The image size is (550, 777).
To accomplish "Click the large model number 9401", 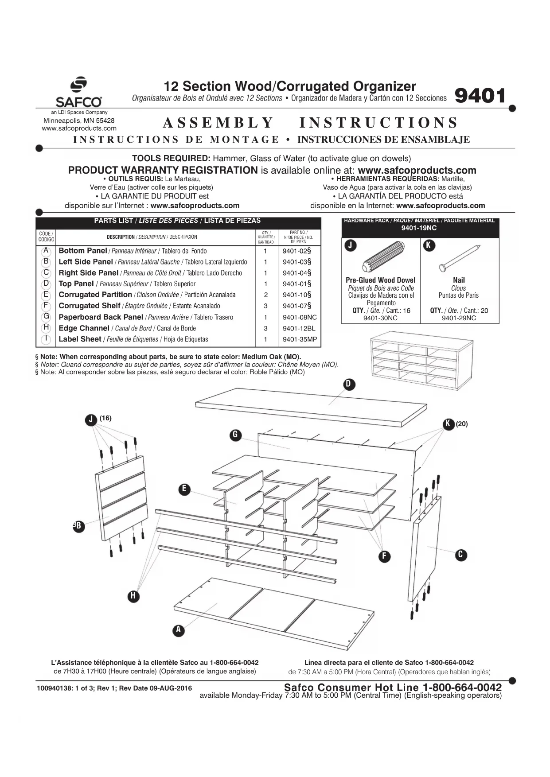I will pyautogui.click(x=480, y=96).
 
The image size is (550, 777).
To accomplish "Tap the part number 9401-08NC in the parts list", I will pyautogui.click(x=300, y=317).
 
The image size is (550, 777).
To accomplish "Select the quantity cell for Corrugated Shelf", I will pyautogui.click(x=265, y=306).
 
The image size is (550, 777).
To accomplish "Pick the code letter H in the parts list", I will pyautogui.click(x=46, y=328).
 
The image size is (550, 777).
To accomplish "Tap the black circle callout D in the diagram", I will pyautogui.click(x=349, y=384).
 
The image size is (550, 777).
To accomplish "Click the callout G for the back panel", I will pyautogui.click(x=235, y=435).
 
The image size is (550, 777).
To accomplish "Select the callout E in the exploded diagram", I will pyautogui.click(x=184, y=489).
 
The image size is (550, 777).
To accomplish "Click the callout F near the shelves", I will pyautogui.click(x=384, y=556).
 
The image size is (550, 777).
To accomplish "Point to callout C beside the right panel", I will pyautogui.click(x=461, y=555).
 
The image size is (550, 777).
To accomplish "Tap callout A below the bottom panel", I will pyautogui.click(x=178, y=630).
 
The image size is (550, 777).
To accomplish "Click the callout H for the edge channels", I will pyautogui.click(x=133, y=596).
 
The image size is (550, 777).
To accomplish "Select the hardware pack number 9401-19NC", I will pyautogui.click(x=419, y=228).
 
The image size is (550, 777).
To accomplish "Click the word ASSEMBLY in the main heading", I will pyautogui.click(x=218, y=123).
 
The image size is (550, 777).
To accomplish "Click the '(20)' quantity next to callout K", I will pyautogui.click(x=462, y=424).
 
